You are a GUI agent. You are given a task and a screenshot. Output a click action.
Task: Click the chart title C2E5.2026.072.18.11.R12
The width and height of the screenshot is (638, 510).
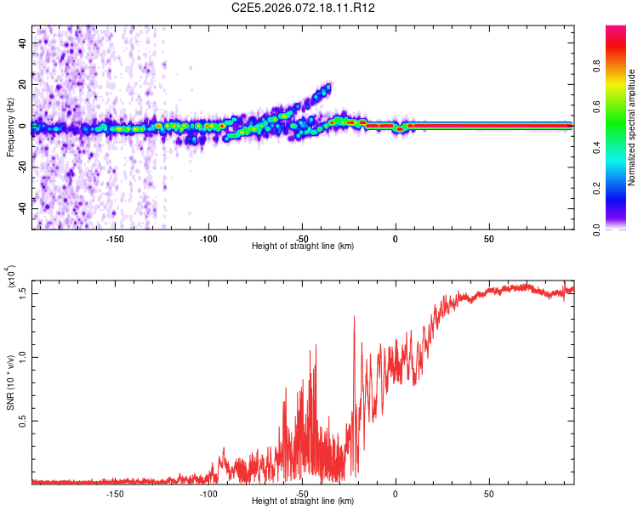click(x=304, y=8)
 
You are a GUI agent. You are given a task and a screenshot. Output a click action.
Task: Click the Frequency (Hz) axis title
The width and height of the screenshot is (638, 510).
click(x=10, y=127)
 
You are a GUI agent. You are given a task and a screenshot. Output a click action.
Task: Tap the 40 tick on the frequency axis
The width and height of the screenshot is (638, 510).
click(x=24, y=42)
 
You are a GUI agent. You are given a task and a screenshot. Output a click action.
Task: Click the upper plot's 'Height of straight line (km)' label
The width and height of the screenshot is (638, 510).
click(x=304, y=246)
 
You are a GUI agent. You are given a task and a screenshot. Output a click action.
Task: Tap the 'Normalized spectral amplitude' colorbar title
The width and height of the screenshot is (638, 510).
click(x=631, y=127)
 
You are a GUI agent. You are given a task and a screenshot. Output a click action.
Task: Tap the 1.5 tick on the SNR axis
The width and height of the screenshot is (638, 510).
click(x=22, y=293)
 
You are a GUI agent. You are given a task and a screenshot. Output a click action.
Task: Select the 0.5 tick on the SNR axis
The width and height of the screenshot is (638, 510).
click(x=22, y=421)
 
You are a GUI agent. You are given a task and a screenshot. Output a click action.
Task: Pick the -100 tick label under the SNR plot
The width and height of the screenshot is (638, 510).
click(x=208, y=492)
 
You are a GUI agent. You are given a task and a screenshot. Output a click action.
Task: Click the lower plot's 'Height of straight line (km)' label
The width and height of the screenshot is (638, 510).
click(x=304, y=501)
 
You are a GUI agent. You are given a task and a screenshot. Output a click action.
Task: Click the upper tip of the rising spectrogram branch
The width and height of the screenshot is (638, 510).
click(x=328, y=85)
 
